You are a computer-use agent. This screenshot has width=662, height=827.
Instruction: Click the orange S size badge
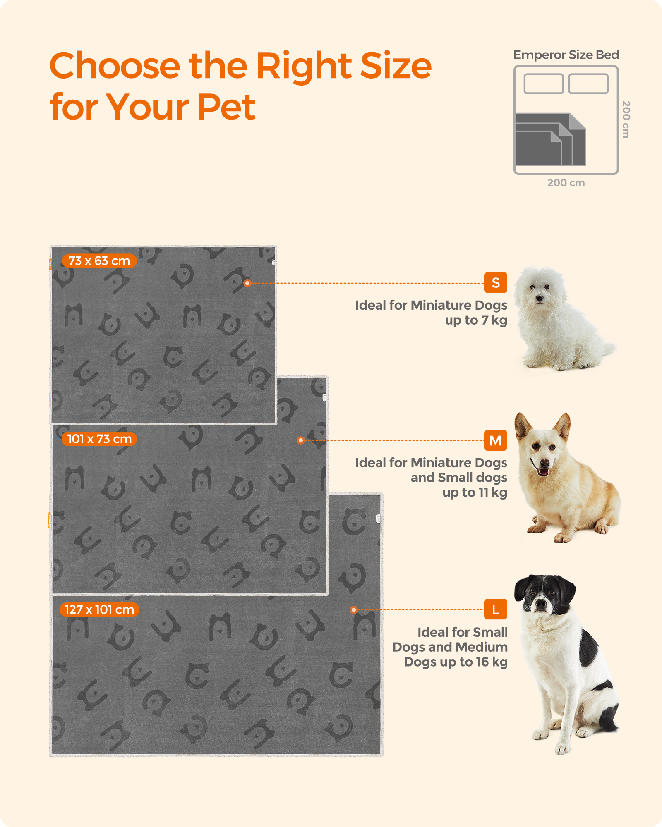[495, 283]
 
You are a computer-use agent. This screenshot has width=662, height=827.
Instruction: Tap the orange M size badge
[495, 440]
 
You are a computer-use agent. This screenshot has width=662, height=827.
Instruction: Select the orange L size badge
[495, 609]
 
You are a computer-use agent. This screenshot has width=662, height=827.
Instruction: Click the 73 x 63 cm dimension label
[99, 261]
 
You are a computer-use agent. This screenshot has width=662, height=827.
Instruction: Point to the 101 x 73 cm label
[99, 439]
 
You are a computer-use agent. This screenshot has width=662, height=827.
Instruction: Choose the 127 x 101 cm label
[99, 609]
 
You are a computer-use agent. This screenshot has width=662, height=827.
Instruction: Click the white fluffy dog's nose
[538, 298]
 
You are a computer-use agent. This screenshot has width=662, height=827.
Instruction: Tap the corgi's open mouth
[542, 470]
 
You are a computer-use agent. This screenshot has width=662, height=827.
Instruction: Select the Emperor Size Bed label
[566, 55]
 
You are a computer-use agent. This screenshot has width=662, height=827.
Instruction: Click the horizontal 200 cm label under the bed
[566, 183]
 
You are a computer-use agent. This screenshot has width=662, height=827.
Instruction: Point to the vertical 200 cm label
[626, 120]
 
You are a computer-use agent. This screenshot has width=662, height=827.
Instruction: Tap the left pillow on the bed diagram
[544, 84]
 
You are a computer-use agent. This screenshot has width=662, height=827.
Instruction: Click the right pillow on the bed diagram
[588, 84]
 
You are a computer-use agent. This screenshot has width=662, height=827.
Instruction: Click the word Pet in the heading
[226, 107]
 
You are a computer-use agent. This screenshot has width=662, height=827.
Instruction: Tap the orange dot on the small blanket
[247, 283]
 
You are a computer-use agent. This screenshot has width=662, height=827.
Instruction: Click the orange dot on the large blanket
[353, 609]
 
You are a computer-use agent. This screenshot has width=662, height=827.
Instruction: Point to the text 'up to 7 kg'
[476, 320]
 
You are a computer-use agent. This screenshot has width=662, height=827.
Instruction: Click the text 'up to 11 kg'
[475, 492]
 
